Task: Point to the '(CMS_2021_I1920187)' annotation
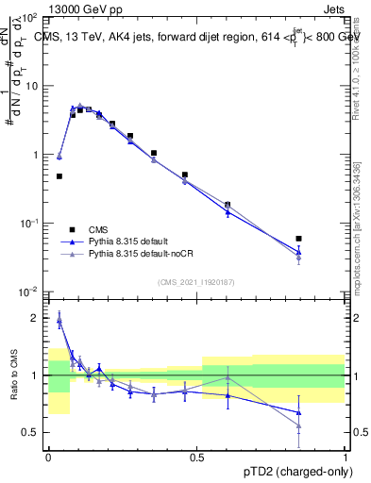(197, 281)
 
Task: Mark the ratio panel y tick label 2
(37, 318)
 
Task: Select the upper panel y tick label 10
(32, 86)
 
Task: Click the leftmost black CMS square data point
(59, 176)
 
